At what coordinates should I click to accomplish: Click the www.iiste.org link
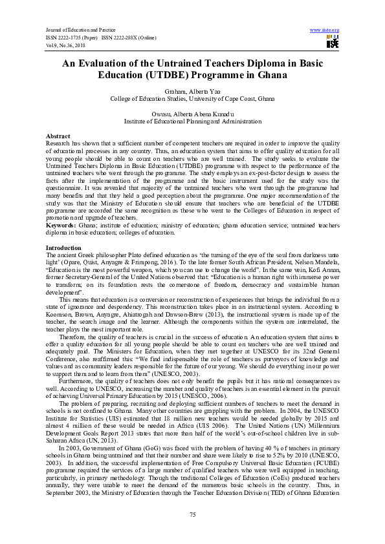pyautogui.click(x=325, y=30)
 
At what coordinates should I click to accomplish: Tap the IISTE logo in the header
pyautogui.click(x=333, y=42)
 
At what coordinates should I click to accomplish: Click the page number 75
pyautogui.click(x=192, y=514)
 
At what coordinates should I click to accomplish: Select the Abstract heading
pyautogui.click(x=58, y=136)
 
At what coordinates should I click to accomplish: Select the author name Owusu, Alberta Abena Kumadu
pyautogui.click(x=192, y=114)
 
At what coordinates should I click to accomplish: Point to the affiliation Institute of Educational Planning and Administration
pyautogui.click(x=192, y=121)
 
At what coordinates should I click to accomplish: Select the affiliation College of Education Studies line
pyautogui.click(x=192, y=100)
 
